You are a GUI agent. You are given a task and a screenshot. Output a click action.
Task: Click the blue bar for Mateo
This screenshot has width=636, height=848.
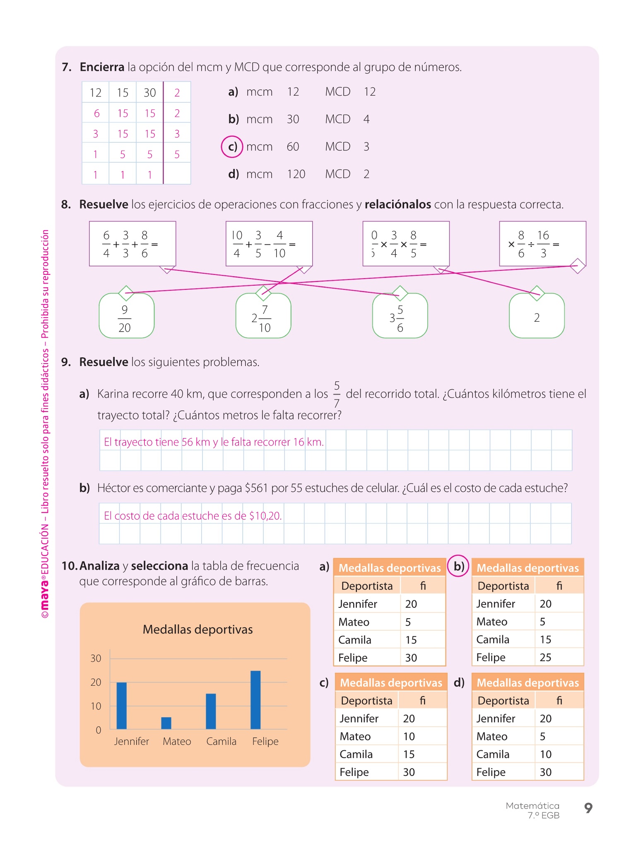[x=166, y=723]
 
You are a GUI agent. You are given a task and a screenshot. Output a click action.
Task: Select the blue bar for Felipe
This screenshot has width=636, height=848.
[x=255, y=700]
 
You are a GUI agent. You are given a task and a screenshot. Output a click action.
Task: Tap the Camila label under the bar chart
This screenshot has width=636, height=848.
[x=221, y=741]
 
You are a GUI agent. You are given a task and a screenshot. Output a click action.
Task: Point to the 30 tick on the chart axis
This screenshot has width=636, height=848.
[x=96, y=658]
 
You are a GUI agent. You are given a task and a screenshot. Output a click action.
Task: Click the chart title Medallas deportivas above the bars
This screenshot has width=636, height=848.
[x=198, y=629]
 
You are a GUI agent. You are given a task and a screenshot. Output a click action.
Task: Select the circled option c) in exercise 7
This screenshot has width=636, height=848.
[x=232, y=147]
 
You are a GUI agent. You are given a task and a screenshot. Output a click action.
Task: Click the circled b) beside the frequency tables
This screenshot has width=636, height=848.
[x=458, y=566]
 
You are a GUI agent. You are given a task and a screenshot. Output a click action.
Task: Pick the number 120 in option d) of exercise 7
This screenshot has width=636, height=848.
[x=296, y=174]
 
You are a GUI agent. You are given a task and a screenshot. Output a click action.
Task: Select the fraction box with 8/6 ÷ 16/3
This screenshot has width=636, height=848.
[x=542, y=244]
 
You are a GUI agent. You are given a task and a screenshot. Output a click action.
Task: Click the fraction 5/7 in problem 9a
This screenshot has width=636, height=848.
[x=337, y=394]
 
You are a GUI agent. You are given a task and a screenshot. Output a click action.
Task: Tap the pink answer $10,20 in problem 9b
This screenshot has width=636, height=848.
[x=265, y=516]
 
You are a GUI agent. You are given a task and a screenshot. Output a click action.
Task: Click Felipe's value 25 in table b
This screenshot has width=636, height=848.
[x=545, y=658]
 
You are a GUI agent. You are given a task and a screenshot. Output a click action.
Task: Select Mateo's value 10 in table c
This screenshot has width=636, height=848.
[x=409, y=736]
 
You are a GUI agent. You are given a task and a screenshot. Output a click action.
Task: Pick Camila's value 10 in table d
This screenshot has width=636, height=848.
[x=545, y=754]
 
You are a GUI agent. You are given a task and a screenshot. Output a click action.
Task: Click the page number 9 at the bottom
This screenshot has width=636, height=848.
[x=588, y=807]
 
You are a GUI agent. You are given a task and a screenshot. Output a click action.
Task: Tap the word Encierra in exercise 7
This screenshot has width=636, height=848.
[x=102, y=67]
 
